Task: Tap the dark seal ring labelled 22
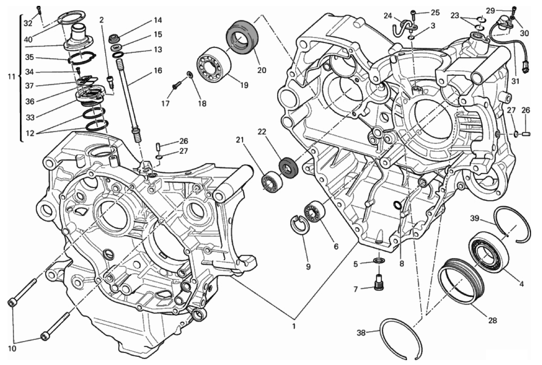coord(287,167)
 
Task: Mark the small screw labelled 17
coord(177,84)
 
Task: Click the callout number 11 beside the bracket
coord(11,77)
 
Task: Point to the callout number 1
coord(294,327)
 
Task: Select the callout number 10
coord(12,349)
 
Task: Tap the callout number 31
coord(515,82)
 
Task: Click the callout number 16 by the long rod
coord(158,71)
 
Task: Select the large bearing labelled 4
coord(488,253)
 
